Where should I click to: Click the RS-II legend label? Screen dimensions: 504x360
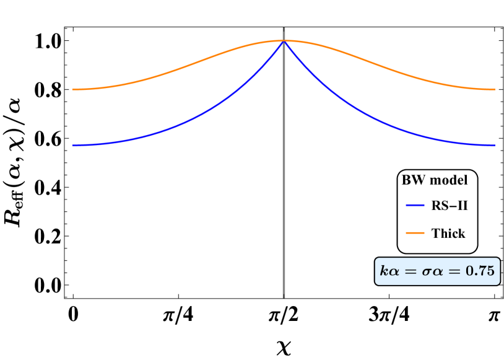pos(449,206)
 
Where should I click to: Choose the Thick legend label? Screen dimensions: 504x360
pos(448,234)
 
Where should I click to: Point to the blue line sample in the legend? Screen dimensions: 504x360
pos(415,206)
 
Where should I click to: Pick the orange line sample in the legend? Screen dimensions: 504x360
pos(415,233)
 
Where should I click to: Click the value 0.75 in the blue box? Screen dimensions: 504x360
pos(481,271)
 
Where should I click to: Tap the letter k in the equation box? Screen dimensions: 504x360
pos(384,271)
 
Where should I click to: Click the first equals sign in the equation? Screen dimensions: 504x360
pos(409,271)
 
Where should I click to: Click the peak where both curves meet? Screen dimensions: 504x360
pos(284,41)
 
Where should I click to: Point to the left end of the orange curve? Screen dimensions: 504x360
pos(72,90)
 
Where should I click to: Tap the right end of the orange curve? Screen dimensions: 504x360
pos(495,90)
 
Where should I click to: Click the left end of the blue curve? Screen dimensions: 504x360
pos(72,146)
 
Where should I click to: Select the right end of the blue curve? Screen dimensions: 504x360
pos(495,146)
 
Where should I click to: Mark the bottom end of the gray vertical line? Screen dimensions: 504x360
pos(284,297)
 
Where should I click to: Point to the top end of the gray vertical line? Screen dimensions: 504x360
pos(284,28)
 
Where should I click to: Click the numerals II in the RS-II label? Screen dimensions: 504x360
pos(461,206)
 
